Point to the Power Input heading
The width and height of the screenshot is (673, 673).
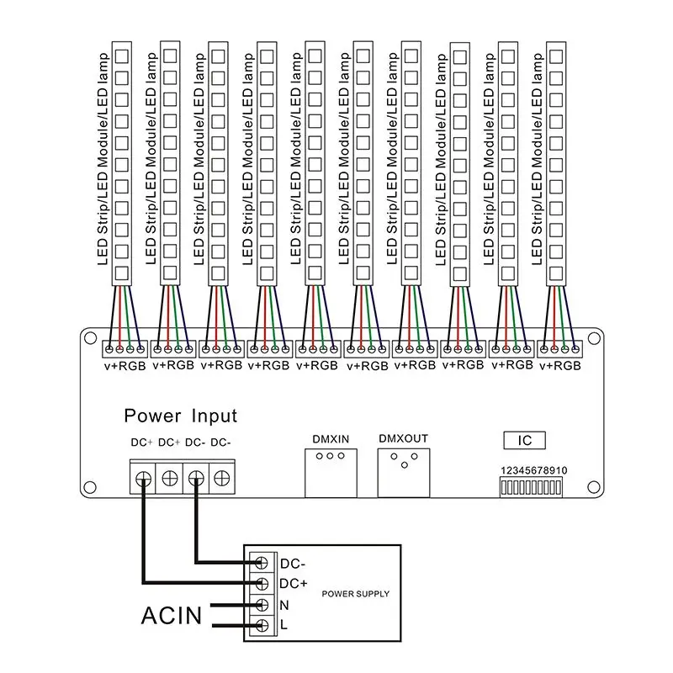coord(180,416)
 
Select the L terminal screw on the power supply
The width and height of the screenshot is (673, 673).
coord(262,625)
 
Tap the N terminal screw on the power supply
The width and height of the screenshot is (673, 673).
coord(262,604)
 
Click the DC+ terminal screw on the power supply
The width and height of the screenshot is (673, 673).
coord(262,583)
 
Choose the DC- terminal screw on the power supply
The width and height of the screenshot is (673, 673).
coord(262,562)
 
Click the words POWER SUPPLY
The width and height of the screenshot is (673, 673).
coord(356,594)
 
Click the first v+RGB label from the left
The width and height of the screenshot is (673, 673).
coord(125,365)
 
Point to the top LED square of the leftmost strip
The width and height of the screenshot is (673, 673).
coord(121,56)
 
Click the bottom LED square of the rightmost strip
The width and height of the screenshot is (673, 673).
coord(556,272)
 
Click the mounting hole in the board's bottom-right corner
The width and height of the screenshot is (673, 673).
coord(591,487)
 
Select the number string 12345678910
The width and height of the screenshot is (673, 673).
coord(533,470)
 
